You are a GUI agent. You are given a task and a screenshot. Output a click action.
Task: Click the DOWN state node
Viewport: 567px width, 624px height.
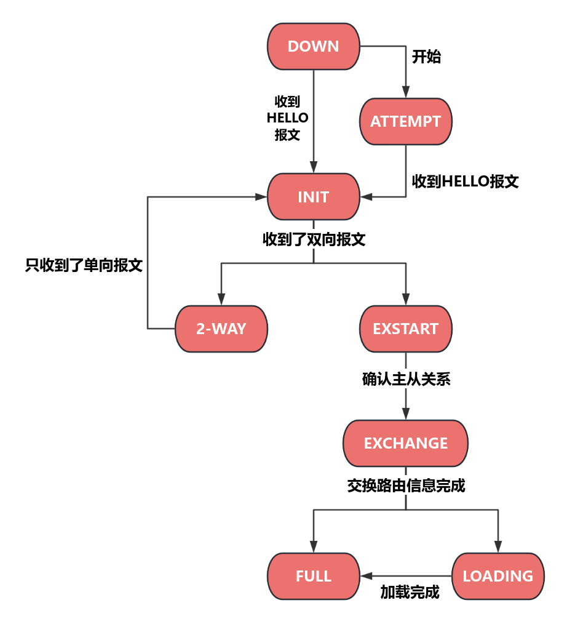[314, 47]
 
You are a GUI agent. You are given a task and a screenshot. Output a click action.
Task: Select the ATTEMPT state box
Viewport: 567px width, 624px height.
[406, 122]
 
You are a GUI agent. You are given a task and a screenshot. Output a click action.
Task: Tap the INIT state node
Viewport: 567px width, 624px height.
[314, 197]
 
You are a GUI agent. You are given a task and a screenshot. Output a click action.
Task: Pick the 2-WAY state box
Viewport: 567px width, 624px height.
[221, 329]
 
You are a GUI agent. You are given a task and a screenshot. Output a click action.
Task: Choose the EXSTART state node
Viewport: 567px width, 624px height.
[406, 329]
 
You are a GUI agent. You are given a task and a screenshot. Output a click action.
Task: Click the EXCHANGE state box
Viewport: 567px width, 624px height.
[406, 444]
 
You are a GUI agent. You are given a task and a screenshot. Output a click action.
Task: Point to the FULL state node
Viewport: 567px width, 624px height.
[314, 577]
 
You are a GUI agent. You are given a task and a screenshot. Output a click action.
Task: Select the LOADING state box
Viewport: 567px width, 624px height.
[498, 577]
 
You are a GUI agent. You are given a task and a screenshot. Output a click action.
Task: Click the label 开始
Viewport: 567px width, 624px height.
[427, 57]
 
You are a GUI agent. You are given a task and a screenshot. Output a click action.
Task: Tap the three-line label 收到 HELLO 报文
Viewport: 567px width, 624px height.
[288, 118]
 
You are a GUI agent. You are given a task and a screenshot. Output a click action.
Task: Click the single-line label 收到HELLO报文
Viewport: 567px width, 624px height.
[466, 182]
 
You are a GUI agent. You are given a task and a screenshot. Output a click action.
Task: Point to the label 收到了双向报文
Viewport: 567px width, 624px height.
[314, 239]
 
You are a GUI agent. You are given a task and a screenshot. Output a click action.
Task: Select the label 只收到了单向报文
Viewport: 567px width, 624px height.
[84, 265]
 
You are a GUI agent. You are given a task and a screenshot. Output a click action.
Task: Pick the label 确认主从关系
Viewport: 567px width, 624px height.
[406, 380]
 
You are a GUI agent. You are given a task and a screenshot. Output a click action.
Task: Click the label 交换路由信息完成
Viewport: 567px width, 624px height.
[406, 486]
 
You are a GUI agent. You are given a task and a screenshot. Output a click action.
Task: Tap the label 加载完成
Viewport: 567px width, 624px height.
[410, 593]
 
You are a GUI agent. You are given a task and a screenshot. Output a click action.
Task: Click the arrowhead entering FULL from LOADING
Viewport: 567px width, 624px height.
[367, 577]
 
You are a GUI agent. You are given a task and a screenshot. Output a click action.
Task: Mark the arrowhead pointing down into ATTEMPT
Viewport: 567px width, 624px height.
[406, 93]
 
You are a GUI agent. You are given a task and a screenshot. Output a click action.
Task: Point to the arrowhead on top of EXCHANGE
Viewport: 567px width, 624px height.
[406, 415]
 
